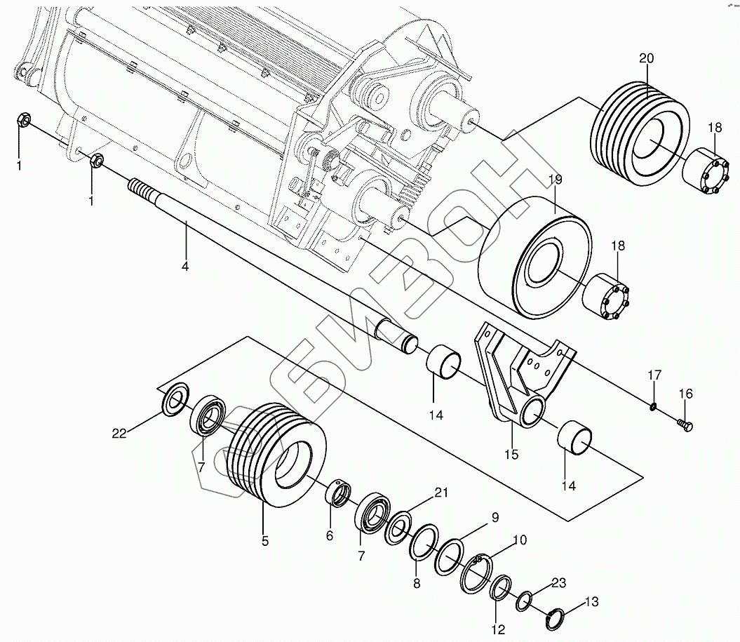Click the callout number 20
646,58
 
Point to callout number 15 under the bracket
511,455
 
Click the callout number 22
119,434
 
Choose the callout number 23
558,582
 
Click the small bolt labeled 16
685,424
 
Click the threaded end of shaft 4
141,190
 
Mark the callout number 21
440,493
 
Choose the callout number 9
495,519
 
